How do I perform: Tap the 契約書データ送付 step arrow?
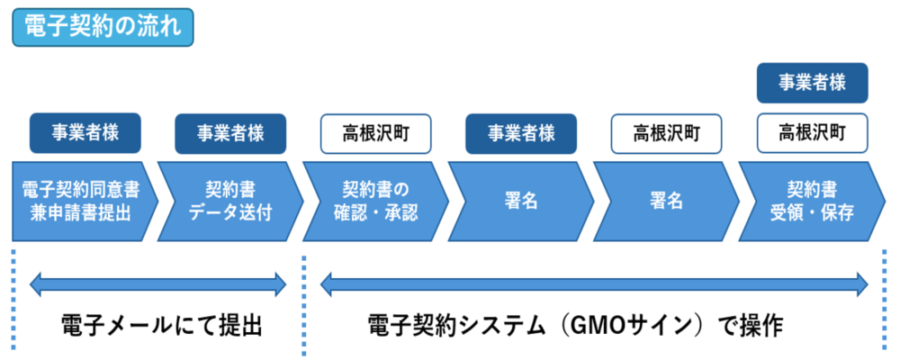228,202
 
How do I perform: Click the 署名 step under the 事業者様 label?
520,202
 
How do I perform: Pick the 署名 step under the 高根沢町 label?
666,202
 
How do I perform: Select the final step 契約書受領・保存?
810,202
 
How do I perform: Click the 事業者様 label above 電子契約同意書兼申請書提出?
85,133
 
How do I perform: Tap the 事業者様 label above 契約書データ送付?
230,133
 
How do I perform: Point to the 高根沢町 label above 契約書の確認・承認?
376,133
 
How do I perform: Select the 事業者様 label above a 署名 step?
521,133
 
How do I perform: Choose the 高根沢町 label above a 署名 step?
667,133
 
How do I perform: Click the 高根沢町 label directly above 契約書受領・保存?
812,133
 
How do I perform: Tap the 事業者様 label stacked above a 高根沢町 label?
812,83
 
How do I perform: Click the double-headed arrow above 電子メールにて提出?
157,286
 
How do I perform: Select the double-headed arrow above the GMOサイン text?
594,286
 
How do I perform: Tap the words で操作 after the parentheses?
751,325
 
